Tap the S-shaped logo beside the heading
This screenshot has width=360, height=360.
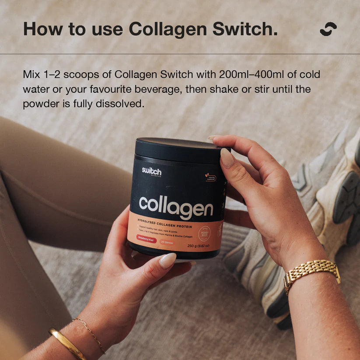click(x=328, y=29)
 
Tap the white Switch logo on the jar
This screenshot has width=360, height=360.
click(x=151, y=171)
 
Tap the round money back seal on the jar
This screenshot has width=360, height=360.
click(x=204, y=233)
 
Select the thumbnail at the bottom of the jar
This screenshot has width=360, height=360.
click(x=168, y=260)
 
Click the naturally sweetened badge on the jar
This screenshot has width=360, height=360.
click(x=210, y=178)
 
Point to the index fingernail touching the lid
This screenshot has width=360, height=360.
click(x=227, y=157)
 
